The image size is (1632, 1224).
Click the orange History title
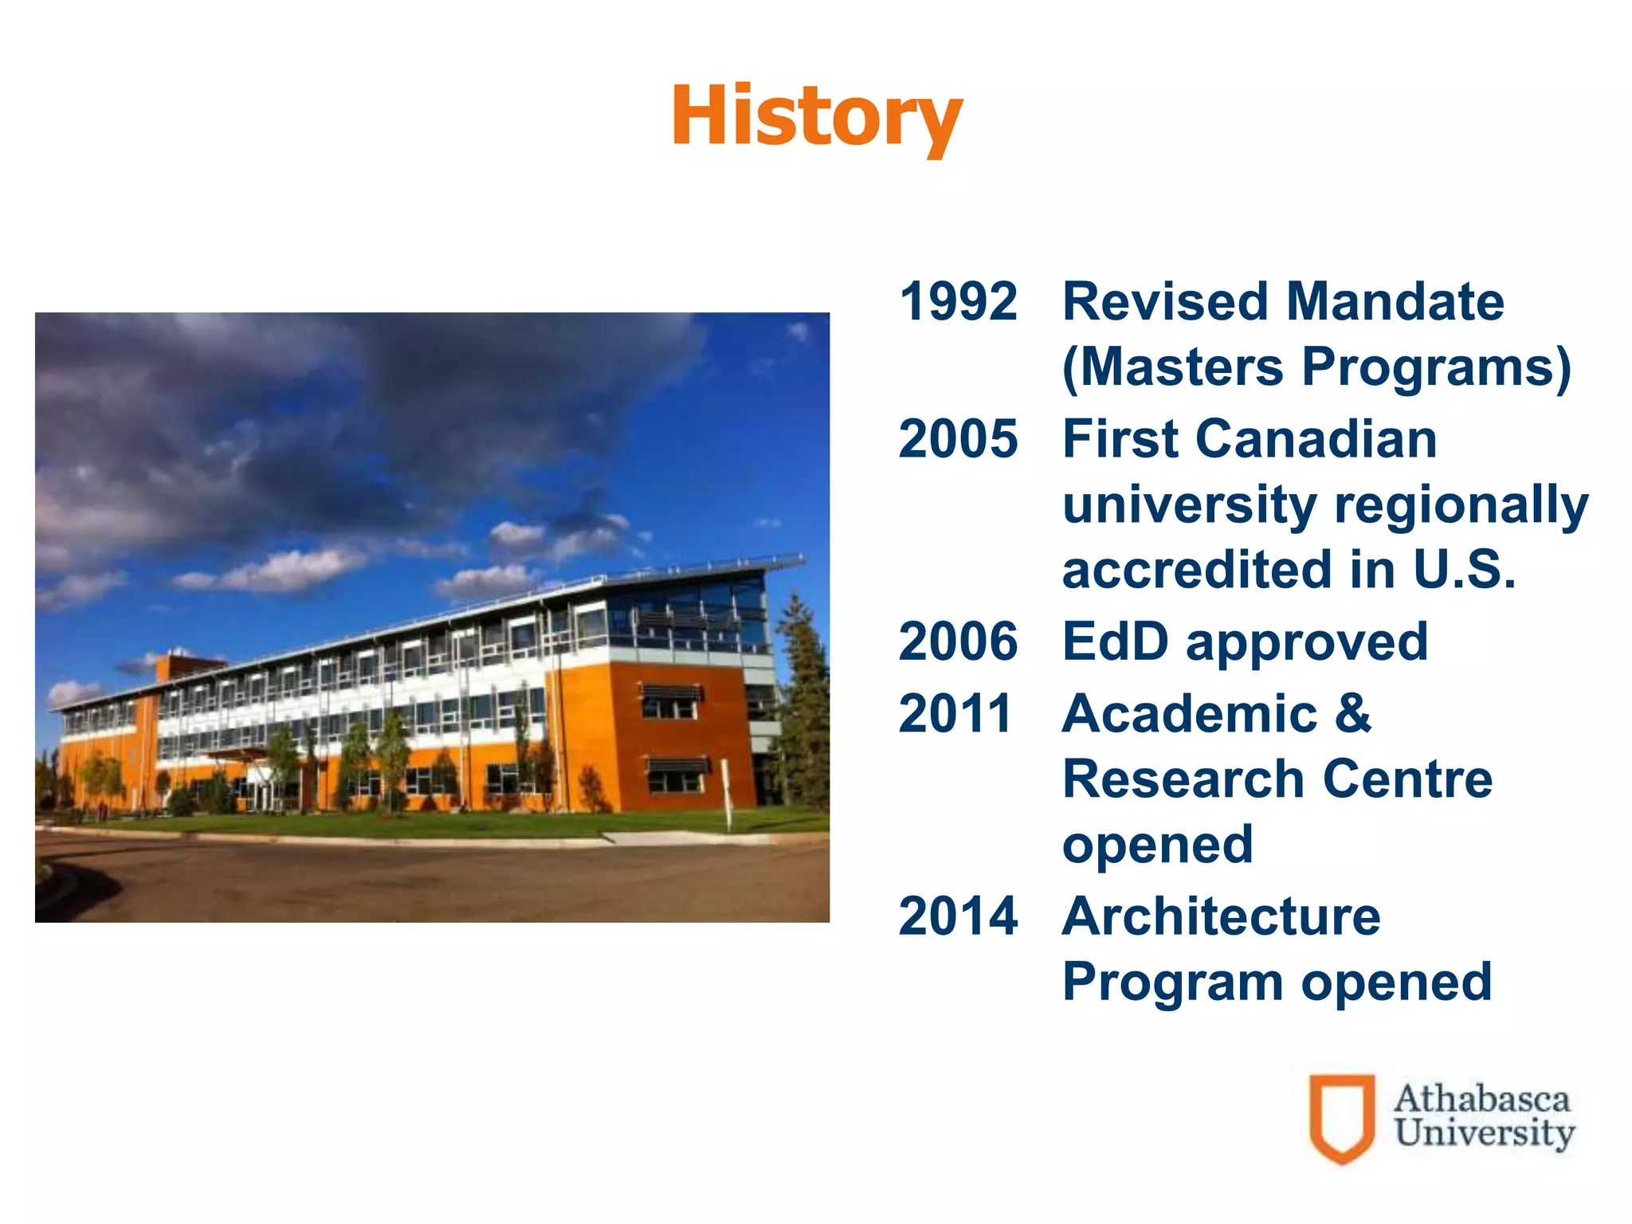click(x=817, y=117)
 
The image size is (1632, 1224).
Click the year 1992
click(x=958, y=302)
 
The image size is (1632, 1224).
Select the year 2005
click(x=958, y=439)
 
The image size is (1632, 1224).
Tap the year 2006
click(x=958, y=641)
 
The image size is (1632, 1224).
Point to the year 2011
click(x=955, y=713)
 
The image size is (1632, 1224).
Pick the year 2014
click(x=958, y=916)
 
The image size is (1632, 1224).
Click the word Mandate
click(x=1395, y=302)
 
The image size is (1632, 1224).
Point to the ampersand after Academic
click(x=1353, y=713)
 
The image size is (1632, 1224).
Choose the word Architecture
click(x=1221, y=916)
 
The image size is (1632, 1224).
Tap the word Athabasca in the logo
click(x=1481, y=1099)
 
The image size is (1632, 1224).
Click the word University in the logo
click(x=1484, y=1133)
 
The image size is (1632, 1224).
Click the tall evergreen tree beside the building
click(x=801, y=701)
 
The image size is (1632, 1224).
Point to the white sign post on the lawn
click(x=726, y=794)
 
